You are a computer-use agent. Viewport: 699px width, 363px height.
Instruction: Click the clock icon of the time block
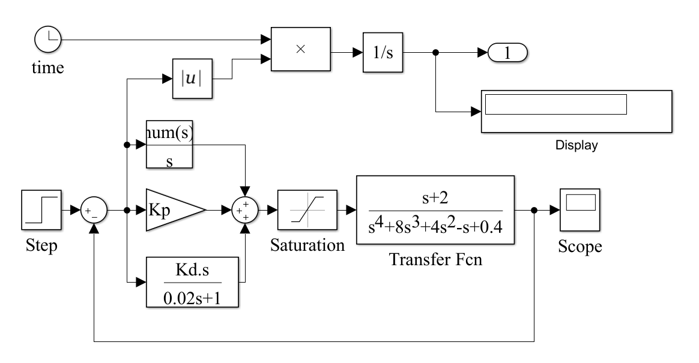pos(46,40)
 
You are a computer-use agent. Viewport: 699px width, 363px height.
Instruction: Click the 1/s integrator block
pos(382,52)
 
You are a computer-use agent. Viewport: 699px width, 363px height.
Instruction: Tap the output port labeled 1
pos(507,53)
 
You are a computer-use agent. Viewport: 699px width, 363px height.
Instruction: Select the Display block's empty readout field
pos(555,104)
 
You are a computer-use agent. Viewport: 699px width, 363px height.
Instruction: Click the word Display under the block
pos(576,145)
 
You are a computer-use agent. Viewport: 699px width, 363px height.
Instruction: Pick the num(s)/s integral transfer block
pos(169,145)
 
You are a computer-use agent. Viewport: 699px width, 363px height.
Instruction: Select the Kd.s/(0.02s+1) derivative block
pos(192,281)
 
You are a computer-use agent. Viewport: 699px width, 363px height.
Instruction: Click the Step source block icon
pos(41,210)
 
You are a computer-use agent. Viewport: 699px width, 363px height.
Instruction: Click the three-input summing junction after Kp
pos(245,211)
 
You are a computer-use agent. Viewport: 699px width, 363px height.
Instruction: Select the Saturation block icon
pos(307,210)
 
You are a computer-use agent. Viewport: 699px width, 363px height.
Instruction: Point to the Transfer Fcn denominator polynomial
pos(435,226)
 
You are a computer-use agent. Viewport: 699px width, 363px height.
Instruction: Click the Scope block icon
pos(581,210)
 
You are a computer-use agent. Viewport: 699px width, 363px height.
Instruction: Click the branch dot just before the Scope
pos(534,211)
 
